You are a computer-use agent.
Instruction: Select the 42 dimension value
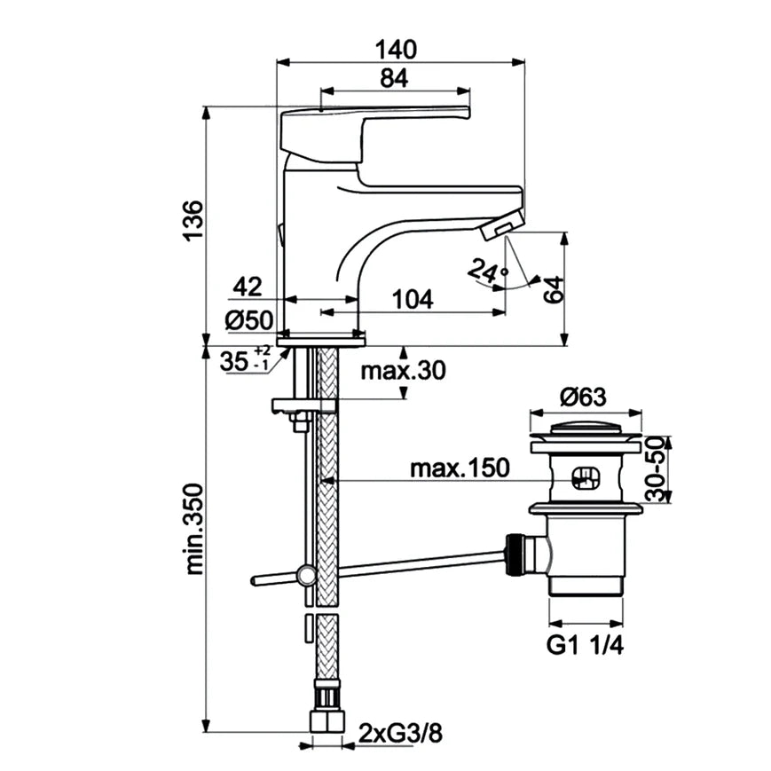pyautogui.click(x=248, y=287)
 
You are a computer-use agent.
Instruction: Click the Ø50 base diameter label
pyautogui.click(x=248, y=320)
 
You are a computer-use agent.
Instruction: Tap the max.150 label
pyautogui.click(x=460, y=468)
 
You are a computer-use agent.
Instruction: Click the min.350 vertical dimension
pyautogui.click(x=193, y=528)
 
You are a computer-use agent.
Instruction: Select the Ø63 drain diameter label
pyautogui.click(x=584, y=396)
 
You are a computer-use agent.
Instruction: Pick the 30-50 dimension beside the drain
pyautogui.click(x=656, y=469)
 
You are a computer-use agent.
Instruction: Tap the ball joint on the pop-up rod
pyautogui.click(x=306, y=575)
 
